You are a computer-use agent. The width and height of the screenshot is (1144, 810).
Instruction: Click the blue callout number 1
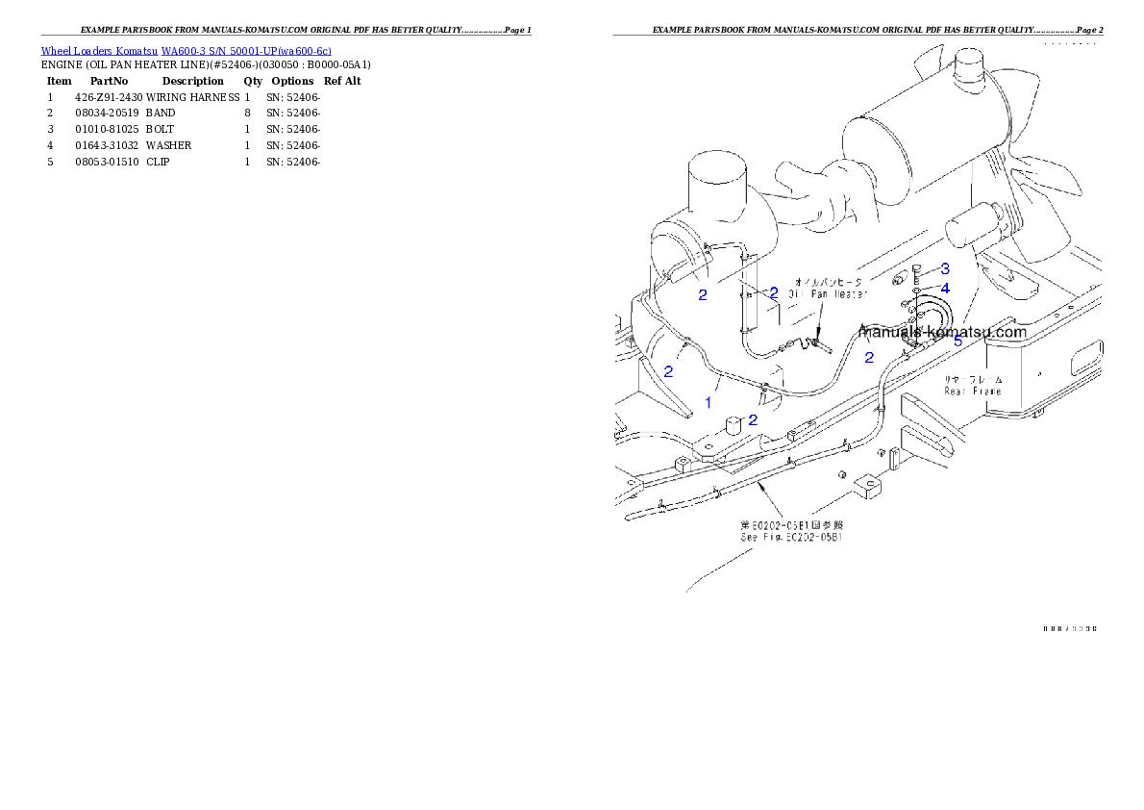tap(709, 402)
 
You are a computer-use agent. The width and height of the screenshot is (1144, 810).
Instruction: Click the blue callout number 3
tap(945, 268)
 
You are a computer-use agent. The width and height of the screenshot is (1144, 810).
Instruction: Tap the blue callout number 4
tap(945, 288)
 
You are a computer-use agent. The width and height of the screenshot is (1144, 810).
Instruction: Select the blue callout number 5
tap(957, 341)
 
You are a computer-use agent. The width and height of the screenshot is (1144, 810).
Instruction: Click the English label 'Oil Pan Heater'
tap(828, 294)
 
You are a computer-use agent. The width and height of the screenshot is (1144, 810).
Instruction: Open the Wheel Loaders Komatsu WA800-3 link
tap(186, 51)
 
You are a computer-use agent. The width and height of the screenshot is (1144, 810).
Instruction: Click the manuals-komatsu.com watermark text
tap(943, 332)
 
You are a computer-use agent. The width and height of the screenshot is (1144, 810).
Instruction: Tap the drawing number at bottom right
tap(1070, 629)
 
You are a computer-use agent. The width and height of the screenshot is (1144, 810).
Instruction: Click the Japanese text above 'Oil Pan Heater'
tap(828, 282)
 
